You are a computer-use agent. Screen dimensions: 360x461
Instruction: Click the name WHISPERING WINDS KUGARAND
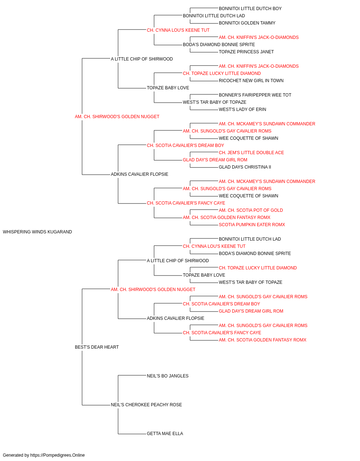pos(37,232)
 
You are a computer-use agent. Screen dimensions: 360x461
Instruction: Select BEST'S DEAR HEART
pos(97,347)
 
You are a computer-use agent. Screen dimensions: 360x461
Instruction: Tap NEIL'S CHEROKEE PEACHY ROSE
pos(146,405)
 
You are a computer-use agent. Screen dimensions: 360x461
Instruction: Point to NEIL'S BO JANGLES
pos(167,376)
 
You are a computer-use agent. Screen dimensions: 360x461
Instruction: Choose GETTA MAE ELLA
pos(165,434)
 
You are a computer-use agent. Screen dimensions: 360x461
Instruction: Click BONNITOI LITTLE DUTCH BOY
pos(250,9)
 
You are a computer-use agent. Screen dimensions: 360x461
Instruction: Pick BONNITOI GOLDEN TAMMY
pos(247,23)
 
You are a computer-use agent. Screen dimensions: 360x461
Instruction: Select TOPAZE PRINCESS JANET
pos(246,52)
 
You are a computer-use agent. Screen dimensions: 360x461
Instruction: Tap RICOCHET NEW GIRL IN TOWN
pos(251,81)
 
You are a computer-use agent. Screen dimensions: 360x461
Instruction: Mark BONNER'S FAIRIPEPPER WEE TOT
pos(255,95)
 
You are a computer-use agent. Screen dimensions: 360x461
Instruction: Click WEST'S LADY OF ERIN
pos(242,110)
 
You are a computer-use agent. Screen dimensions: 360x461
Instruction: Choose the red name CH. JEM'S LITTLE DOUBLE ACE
pos(251,153)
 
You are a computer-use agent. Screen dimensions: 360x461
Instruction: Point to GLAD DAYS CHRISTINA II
pos(245,167)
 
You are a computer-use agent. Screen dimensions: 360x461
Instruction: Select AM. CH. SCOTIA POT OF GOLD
pos(251,210)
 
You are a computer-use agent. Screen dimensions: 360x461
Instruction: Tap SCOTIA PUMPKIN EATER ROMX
pos(252,225)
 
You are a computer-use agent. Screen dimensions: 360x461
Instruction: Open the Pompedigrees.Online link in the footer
pos(57,455)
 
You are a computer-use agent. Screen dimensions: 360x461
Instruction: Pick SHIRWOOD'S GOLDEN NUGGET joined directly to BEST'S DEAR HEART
pos(153,290)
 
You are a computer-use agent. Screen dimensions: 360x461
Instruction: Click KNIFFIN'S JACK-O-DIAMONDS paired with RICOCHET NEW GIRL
pos(258,66)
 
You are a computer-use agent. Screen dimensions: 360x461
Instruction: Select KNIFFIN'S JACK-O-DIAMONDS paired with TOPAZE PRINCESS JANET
pos(258,37)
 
